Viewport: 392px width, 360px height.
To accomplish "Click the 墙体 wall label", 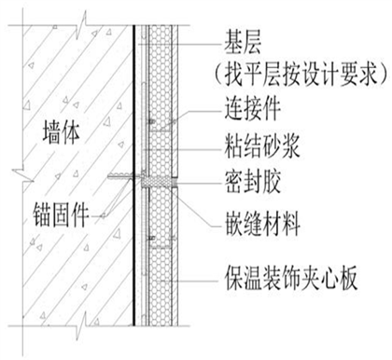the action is click(62, 133).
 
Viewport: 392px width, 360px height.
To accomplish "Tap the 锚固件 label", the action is click(61, 215).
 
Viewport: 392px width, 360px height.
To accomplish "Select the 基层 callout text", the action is click(243, 44).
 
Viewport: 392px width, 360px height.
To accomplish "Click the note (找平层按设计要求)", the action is click(301, 75).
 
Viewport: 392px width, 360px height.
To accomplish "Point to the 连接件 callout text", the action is click(253, 108).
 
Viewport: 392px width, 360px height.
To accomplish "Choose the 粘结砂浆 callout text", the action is click(262, 146).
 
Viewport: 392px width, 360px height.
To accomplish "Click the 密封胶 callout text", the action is click(253, 182).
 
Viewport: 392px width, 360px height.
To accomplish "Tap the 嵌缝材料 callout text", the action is click(263, 224).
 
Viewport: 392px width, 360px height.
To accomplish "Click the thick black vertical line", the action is click(133, 175).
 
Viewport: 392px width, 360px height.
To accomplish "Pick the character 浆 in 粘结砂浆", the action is click(290, 146).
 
